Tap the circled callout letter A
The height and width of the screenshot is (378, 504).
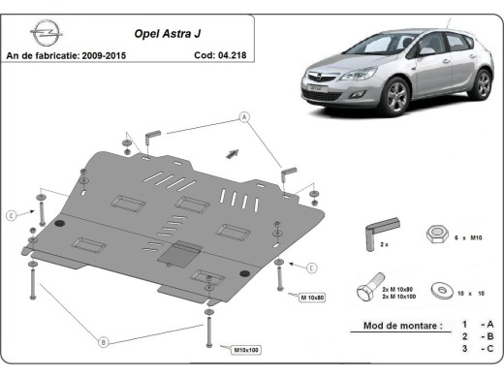pos(244,117)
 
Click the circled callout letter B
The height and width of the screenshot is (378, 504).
pos(103,339)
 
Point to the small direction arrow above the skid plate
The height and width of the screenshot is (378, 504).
pos(232,151)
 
